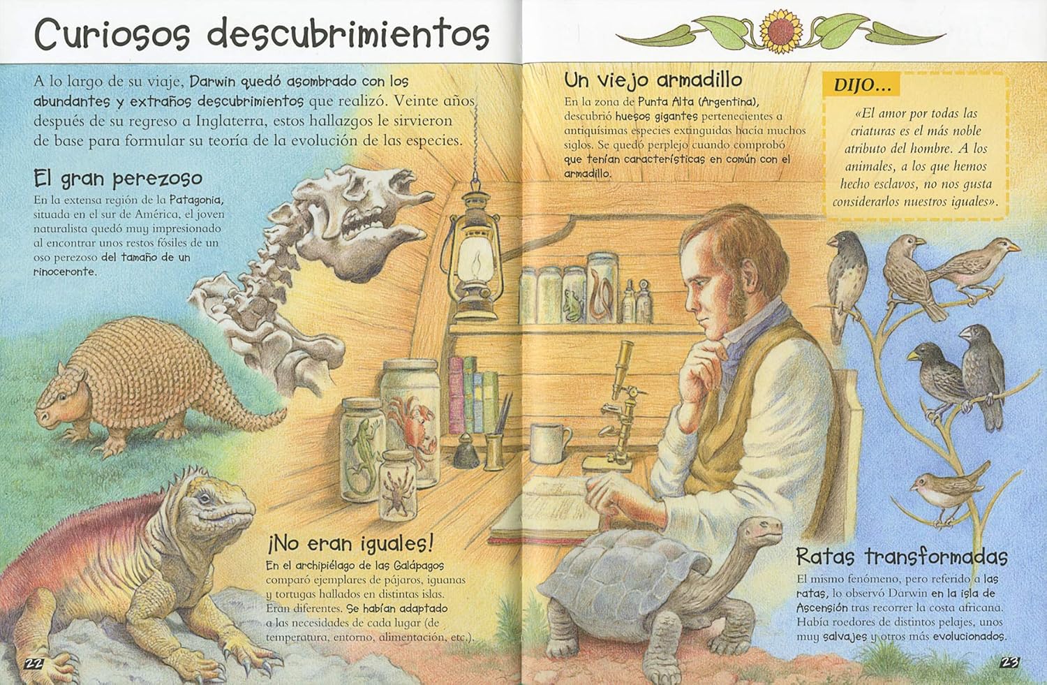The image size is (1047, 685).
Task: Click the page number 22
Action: [x=34, y=663]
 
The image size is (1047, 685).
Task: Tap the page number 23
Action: [x=1009, y=663]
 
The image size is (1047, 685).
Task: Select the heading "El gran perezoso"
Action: [x=118, y=179]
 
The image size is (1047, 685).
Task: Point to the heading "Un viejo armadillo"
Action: [x=653, y=80]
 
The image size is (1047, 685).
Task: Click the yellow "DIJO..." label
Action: [x=863, y=86]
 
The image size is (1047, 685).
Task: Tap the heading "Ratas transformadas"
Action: [x=902, y=557]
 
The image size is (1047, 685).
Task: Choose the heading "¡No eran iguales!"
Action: [x=350, y=544]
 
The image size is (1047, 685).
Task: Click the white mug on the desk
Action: [x=550, y=442]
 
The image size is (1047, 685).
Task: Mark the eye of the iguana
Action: [x=204, y=499]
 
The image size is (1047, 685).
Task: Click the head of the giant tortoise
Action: [x=762, y=528]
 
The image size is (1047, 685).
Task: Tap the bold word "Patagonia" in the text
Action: [x=196, y=200]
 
